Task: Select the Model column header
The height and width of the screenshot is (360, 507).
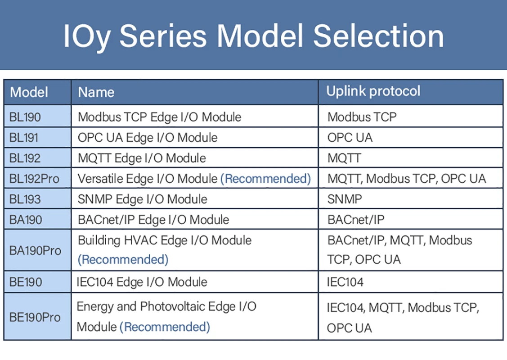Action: (x=29, y=92)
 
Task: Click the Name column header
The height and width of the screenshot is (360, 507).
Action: (x=96, y=92)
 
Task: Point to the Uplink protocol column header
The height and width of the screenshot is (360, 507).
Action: (x=373, y=91)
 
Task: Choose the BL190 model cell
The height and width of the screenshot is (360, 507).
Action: (x=25, y=117)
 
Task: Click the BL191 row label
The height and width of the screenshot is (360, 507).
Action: (x=24, y=138)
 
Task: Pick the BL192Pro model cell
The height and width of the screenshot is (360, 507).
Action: (x=34, y=179)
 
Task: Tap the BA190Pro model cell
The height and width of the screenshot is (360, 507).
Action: (x=35, y=250)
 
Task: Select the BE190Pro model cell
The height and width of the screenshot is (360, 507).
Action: (x=35, y=317)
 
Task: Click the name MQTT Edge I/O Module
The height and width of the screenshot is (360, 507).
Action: (x=142, y=158)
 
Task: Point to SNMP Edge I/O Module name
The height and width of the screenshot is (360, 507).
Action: (x=143, y=199)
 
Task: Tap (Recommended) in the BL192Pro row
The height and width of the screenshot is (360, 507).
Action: (x=265, y=179)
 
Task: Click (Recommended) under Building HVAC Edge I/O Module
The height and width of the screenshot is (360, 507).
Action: (x=123, y=260)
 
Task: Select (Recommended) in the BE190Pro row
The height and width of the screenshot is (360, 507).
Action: (x=165, y=327)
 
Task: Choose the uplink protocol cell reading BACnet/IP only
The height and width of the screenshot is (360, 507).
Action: (x=356, y=220)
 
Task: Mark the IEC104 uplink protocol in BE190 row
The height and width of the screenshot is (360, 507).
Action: (x=345, y=282)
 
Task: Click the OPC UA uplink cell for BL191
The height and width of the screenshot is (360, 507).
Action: (x=350, y=138)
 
